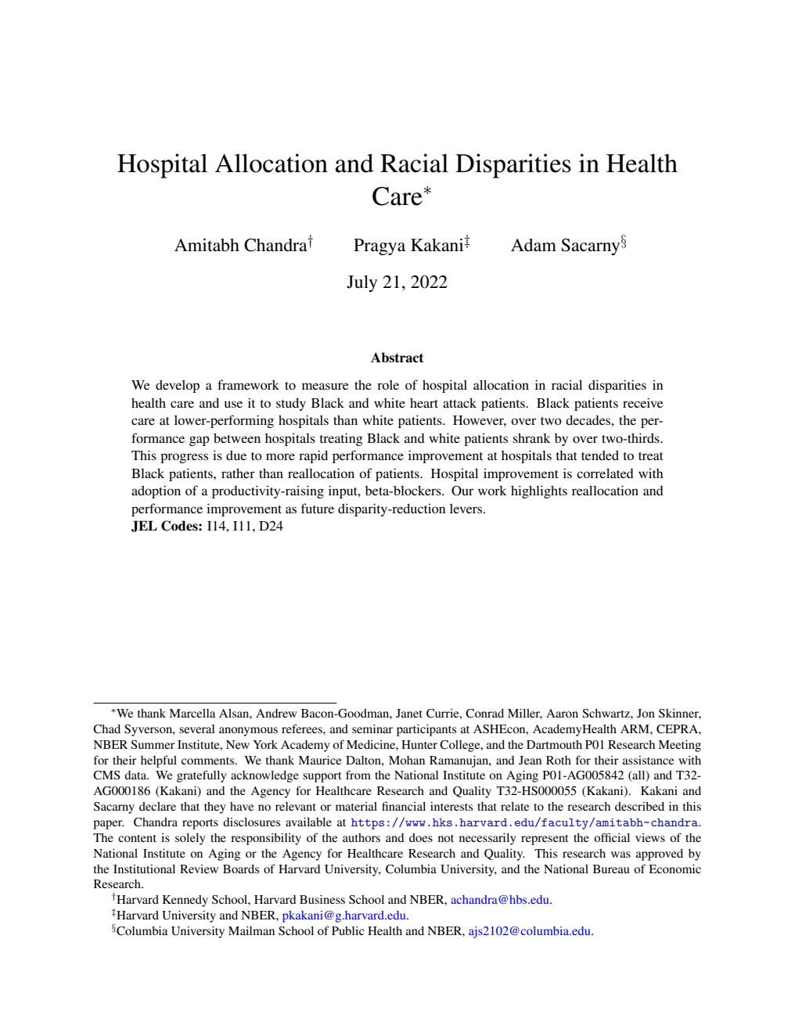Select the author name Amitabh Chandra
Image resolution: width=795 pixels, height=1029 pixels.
click(240, 246)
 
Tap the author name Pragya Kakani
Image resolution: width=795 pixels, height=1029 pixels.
click(408, 246)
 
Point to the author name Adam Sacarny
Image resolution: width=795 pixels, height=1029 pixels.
click(565, 246)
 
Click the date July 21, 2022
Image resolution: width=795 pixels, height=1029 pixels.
click(397, 282)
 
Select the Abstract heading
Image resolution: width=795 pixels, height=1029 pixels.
click(397, 358)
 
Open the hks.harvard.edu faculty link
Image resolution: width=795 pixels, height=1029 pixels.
click(524, 822)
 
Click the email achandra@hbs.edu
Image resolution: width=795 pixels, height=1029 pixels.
click(501, 900)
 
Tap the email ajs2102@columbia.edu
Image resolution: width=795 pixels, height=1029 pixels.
click(530, 931)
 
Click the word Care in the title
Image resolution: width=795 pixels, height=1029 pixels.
click(397, 197)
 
